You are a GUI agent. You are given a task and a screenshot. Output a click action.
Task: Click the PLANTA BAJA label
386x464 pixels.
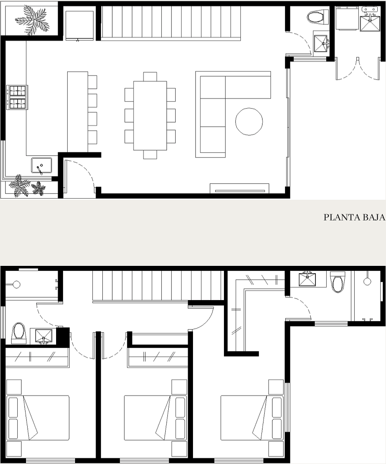pyautogui.click(x=354, y=217)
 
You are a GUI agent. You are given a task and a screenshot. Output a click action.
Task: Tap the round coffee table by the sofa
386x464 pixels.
pyautogui.click(x=249, y=122)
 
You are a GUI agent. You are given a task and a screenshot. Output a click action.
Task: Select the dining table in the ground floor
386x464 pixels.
pyautogui.click(x=150, y=116)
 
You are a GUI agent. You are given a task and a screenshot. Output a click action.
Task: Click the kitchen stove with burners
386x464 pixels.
pyautogui.click(x=17, y=97)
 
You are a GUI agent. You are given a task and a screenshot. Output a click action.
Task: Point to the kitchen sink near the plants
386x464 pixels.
pyautogui.click(x=42, y=166)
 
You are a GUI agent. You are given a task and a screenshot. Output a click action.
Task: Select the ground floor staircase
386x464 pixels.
pyautogui.click(x=171, y=22)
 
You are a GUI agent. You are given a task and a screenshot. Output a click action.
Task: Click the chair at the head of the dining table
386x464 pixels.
pyautogui.click(x=150, y=76)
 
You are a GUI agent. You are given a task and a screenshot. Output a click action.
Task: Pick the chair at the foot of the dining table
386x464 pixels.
pyautogui.click(x=150, y=155)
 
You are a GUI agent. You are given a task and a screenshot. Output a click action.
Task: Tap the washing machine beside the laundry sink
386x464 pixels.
pyautogui.click(x=347, y=18)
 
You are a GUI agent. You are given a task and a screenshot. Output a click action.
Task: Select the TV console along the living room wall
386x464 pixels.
pyautogui.click(x=240, y=189)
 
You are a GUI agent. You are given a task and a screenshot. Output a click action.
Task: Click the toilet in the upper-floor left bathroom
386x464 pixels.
pyautogui.click(x=19, y=333)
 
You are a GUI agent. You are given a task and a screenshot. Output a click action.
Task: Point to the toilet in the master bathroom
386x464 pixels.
pyautogui.click(x=337, y=282)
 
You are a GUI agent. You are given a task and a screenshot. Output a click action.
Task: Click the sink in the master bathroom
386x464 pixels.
pyautogui.click(x=307, y=279)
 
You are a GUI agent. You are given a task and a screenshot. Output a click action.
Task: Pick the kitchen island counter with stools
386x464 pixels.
pyautogui.click(x=78, y=112)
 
